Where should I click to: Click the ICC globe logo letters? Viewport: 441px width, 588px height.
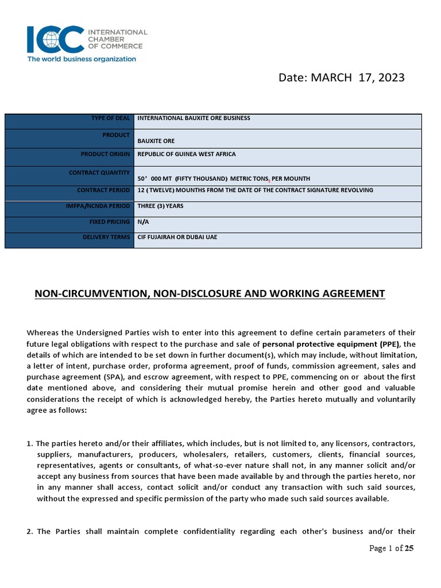(55, 39)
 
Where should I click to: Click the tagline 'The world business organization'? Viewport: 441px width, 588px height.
(82, 59)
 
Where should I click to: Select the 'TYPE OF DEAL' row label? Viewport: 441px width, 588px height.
(110, 118)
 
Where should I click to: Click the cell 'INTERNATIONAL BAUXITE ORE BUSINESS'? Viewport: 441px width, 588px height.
(194, 118)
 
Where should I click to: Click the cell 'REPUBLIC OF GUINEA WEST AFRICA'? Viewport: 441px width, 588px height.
(187, 154)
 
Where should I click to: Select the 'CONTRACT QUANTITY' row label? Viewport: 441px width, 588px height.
(99, 172)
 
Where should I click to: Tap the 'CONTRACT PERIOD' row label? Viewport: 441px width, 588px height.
(103, 190)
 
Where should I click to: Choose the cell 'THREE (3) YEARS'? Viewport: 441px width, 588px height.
(160, 206)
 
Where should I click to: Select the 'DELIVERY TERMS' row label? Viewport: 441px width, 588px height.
(106, 237)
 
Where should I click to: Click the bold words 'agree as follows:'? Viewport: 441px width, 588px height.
(56, 411)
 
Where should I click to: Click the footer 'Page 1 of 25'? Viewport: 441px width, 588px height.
(391, 548)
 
